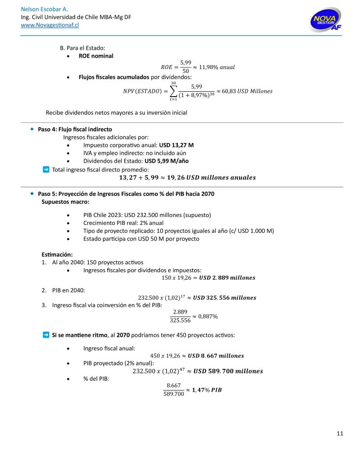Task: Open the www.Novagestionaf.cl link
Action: [50, 25]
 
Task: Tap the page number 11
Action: [340, 433]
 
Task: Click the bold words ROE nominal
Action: [96, 56]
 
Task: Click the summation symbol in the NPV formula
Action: [173, 91]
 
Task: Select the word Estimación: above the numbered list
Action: [57, 254]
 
